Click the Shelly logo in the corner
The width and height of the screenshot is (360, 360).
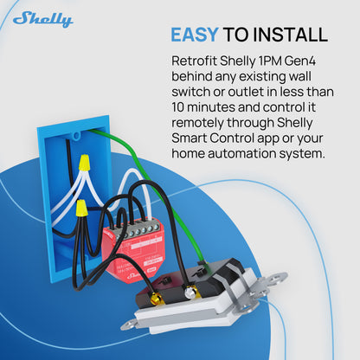(x=42, y=19)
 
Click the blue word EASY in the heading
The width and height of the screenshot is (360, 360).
(x=194, y=35)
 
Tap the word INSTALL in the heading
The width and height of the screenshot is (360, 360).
(x=290, y=35)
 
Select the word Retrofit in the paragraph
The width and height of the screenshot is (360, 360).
(x=194, y=61)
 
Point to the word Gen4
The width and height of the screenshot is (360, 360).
(x=299, y=61)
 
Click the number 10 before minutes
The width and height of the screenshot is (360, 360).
(x=177, y=107)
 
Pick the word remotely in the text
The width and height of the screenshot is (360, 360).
(x=197, y=123)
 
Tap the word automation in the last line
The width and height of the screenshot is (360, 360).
(x=241, y=153)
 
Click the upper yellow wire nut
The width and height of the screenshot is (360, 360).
(x=84, y=162)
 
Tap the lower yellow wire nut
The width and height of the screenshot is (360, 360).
(x=81, y=209)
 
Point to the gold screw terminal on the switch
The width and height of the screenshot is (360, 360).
(x=157, y=296)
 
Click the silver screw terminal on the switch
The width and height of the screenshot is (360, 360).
(x=190, y=292)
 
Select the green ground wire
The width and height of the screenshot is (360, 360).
(x=162, y=188)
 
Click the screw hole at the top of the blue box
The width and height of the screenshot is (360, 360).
(x=76, y=136)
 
